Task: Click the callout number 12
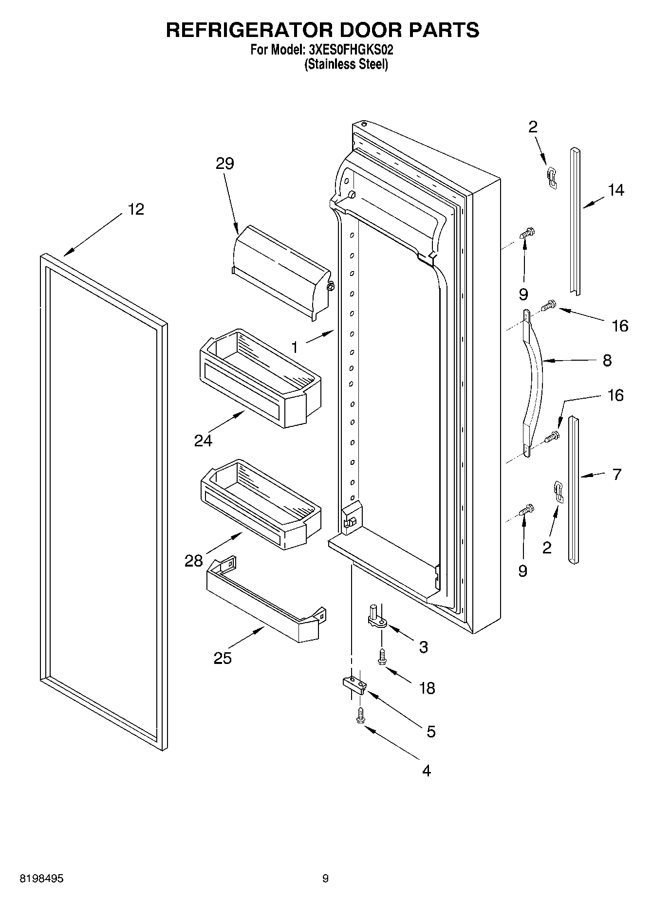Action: [136, 209]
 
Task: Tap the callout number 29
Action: [225, 164]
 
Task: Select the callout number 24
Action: [203, 441]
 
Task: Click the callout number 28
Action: [193, 561]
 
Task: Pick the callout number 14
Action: [616, 190]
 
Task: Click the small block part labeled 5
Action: [354, 684]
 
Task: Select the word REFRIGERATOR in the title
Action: [249, 30]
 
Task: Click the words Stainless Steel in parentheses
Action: [346, 64]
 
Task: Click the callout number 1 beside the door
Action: [295, 348]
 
